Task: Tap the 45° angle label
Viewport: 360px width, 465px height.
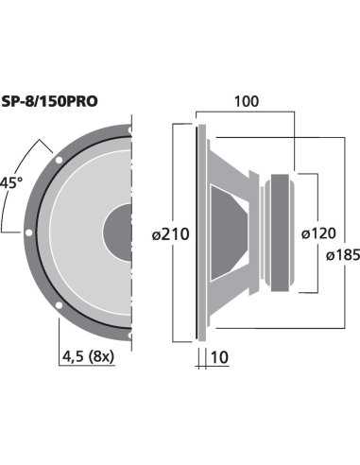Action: click(11, 181)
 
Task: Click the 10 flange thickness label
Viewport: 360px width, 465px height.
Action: click(220, 356)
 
